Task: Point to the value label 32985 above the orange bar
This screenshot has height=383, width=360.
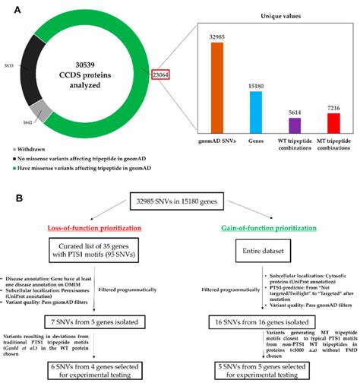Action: [216, 36]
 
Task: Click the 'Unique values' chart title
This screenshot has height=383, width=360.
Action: [273, 15]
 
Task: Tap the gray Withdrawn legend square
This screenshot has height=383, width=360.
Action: [6, 149]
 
